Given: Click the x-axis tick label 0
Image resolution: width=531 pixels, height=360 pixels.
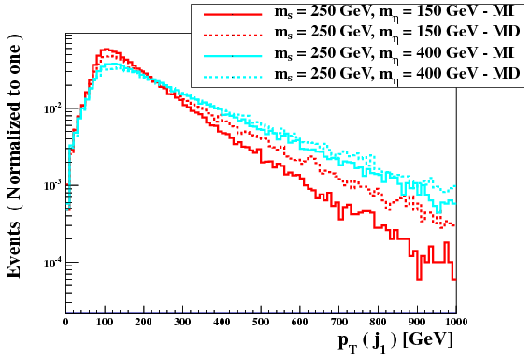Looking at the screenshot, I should [65, 321].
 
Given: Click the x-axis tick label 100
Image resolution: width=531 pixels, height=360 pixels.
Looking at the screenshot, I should [104, 321].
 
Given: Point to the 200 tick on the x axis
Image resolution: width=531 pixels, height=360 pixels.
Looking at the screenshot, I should [143, 321].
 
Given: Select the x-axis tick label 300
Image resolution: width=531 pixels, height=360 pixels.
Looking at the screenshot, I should [182, 321].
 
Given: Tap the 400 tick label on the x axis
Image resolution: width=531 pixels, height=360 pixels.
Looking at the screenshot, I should [222, 321].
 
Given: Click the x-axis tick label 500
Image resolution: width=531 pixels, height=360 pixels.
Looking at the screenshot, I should [261, 321].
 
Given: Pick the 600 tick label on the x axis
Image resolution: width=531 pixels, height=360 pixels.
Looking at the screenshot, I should [299, 321].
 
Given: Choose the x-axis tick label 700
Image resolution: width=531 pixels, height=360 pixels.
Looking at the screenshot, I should [338, 321].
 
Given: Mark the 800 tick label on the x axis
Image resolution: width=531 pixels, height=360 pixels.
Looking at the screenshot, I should [378, 321].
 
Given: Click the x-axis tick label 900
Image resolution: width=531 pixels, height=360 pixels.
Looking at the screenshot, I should [417, 321].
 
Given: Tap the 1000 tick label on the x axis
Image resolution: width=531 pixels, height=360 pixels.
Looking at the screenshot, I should [454, 321].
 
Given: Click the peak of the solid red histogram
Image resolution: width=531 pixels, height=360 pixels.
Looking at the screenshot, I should [105, 49].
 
